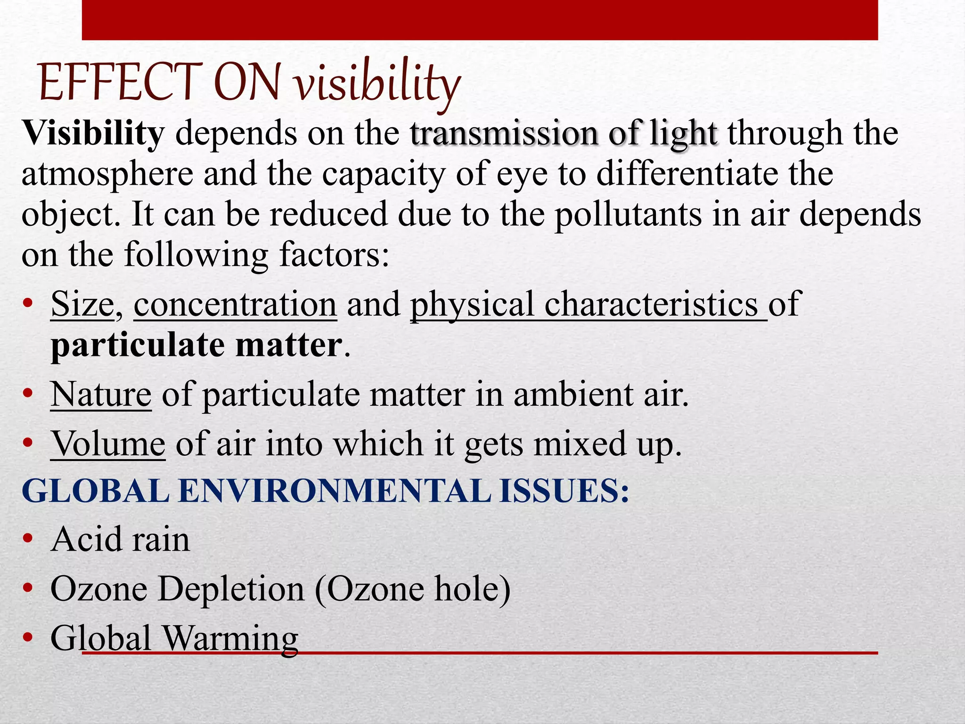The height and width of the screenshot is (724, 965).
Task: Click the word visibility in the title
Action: [377, 84]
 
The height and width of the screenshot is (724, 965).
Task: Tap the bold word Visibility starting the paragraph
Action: [93, 133]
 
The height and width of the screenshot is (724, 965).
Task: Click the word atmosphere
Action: [107, 174]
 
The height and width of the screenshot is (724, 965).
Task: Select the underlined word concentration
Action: [235, 304]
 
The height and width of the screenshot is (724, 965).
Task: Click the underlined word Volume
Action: [108, 444]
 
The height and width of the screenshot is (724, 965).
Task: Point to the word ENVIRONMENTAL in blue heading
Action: [334, 491]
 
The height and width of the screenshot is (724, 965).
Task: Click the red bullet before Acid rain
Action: [28, 539]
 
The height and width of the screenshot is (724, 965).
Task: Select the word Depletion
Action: [231, 589]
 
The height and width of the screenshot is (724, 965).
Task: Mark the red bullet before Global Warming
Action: [28, 638]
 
